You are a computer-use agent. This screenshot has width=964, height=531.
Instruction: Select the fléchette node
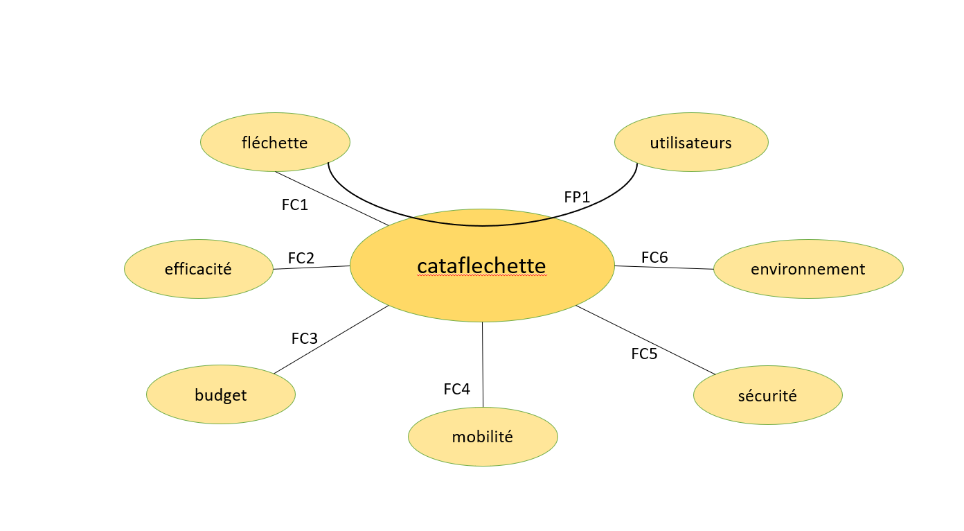(275, 142)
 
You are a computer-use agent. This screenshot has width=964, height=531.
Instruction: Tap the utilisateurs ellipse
(691, 142)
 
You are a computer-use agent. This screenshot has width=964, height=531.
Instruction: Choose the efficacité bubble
(199, 269)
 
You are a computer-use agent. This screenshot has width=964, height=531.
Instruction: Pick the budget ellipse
(221, 395)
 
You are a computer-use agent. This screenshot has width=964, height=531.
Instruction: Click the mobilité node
(483, 437)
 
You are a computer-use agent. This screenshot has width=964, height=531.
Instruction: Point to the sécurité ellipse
(767, 395)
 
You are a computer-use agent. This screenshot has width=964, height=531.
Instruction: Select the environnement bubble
(808, 269)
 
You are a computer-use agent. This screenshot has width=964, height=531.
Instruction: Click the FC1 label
(295, 205)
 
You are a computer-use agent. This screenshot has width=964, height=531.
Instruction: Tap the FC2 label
(301, 259)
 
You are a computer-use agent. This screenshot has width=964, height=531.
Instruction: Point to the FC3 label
(305, 339)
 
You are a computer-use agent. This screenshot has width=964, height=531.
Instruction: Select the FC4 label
(457, 390)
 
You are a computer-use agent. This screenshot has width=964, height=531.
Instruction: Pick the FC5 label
(644, 354)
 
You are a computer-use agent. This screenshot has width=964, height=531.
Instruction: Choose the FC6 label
(654, 258)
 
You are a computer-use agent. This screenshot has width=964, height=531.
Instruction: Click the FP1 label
(577, 198)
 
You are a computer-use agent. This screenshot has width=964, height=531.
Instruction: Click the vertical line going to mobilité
(483, 364)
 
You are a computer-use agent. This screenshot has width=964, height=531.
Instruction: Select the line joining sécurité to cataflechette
(644, 340)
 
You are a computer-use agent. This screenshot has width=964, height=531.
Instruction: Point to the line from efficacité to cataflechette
(312, 268)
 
